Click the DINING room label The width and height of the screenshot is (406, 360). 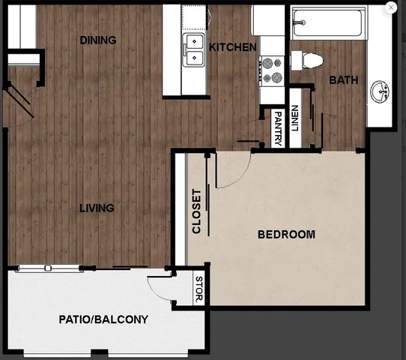click(x=98, y=40)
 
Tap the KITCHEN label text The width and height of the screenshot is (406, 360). click(x=233, y=47)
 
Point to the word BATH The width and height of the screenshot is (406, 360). click(x=342, y=80)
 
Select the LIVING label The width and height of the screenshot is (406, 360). click(x=97, y=208)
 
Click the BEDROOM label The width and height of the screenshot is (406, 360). click(x=286, y=234)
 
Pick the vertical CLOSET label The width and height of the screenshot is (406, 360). click(x=197, y=211)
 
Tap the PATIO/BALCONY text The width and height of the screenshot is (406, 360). click(x=103, y=319)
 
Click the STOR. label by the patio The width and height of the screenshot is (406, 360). click(x=199, y=290)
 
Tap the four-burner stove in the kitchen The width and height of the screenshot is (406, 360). click(x=270, y=70)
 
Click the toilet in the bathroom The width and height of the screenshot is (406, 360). click(x=306, y=59)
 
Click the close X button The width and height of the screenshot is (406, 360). click(x=390, y=7)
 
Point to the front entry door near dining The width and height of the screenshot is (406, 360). click(x=19, y=97)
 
